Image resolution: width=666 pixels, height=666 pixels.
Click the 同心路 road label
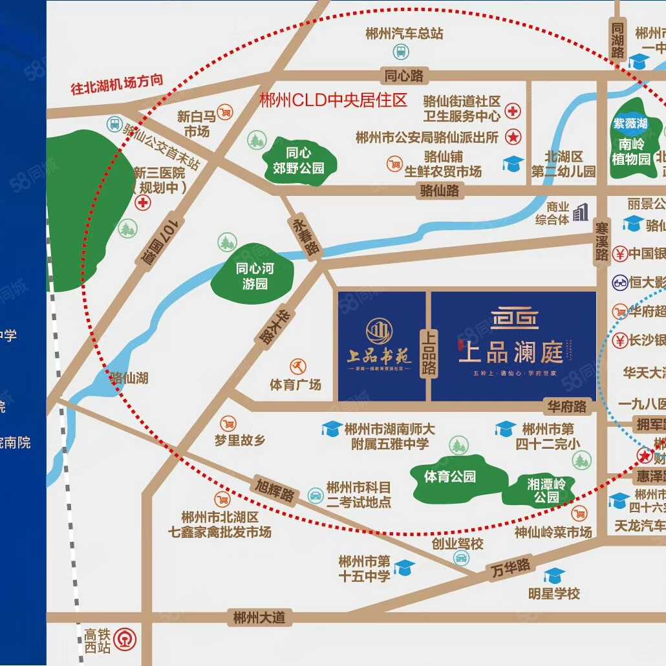(404, 76)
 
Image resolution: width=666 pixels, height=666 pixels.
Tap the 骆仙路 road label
(439, 190)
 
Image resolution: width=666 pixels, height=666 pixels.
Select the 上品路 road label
(429, 353)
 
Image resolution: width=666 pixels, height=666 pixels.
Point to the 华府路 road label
(566, 407)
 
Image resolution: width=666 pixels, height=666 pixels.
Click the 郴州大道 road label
(259, 617)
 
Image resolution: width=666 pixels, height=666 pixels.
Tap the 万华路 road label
(510, 568)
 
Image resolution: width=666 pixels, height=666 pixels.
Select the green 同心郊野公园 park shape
(299, 160)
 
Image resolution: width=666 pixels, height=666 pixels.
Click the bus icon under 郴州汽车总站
(400, 51)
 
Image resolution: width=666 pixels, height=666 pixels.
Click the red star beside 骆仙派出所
(513, 136)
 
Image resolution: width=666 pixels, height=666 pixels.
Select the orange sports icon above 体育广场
(298, 367)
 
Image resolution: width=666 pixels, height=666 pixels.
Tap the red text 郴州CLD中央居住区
(333, 100)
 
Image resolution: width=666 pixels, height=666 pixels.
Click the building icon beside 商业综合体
(581, 211)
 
